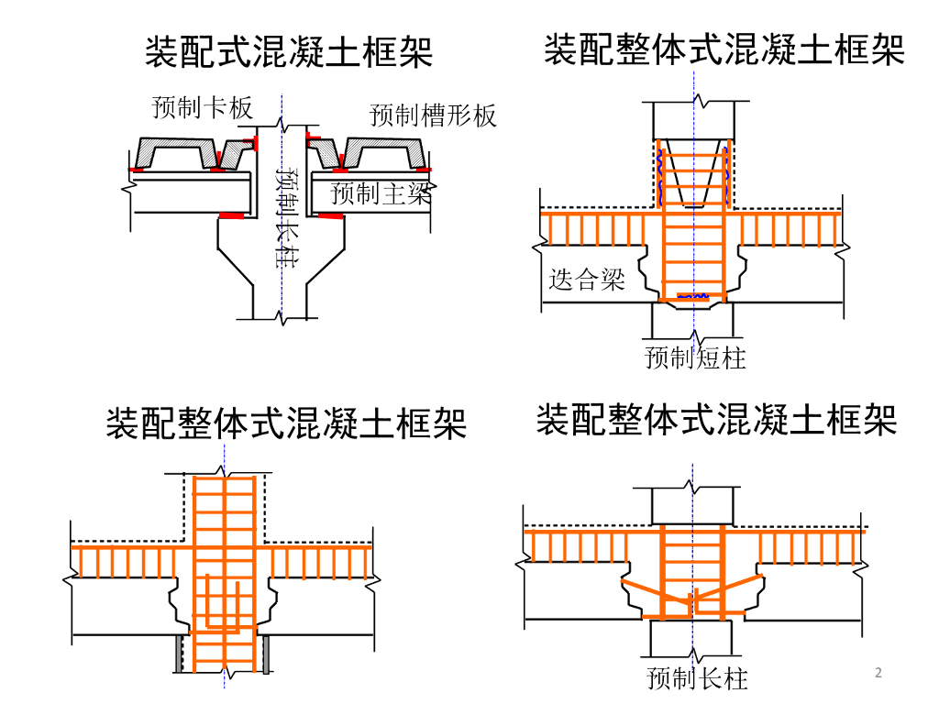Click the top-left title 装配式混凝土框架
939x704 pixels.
tap(289, 51)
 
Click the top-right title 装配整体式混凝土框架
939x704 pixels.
tap(724, 49)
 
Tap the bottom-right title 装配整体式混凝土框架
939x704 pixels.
tap(716, 420)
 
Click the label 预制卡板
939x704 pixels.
tap(202, 108)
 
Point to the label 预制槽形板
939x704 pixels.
tap(433, 115)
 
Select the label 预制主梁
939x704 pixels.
tap(380, 193)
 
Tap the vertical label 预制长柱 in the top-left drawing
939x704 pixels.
tap(288, 217)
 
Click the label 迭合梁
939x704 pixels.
tap(587, 279)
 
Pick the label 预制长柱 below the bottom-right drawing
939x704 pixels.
tap(697, 679)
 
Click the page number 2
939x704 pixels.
tap(878, 674)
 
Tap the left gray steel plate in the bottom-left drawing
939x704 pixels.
tap(180, 654)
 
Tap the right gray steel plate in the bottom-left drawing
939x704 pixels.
tap(266, 654)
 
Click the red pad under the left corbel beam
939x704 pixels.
tap(231, 217)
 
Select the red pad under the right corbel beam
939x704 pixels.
tap(331, 216)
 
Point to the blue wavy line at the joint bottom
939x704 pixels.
tap(693, 296)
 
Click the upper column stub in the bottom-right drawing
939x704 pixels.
tap(693, 507)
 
